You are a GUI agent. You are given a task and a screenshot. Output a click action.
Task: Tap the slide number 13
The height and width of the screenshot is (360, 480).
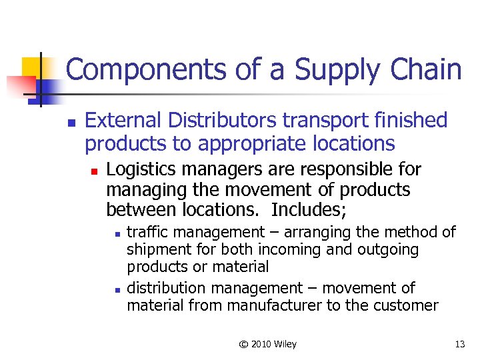(x=459, y=344)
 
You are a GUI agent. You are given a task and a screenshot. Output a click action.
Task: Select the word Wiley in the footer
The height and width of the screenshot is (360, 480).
(x=286, y=344)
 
